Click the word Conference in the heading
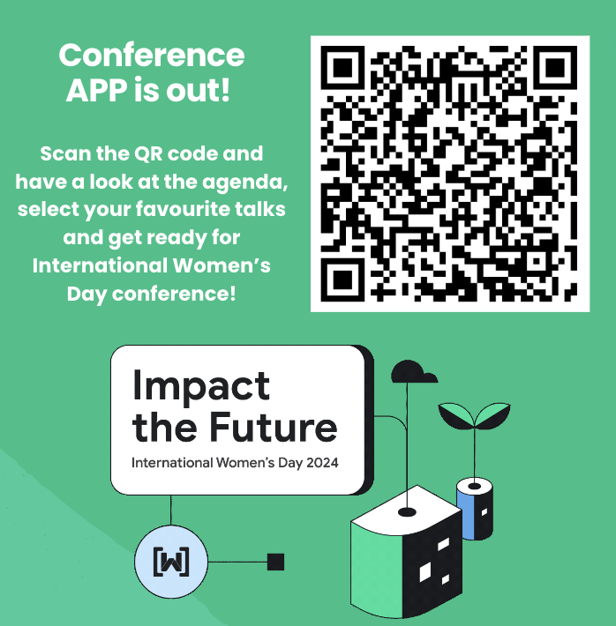pyautogui.click(x=152, y=55)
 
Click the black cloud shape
pyautogui.click(x=413, y=371)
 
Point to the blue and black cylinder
pyautogui.click(x=474, y=509)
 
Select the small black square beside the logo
pyautogui.click(x=275, y=562)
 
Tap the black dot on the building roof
pyautogui.click(x=407, y=510)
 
